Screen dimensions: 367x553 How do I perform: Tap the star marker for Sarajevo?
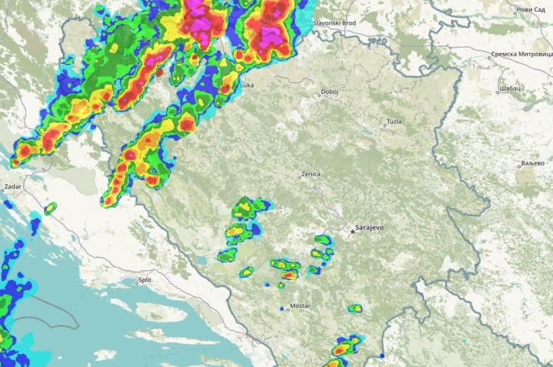353,232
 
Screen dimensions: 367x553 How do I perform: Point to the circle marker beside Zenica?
300,177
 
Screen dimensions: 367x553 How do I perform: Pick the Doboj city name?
330,91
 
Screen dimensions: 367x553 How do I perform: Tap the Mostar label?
300,306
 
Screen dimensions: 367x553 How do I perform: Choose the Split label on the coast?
145,279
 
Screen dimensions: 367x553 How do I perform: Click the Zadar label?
13,186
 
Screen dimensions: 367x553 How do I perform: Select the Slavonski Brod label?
335,22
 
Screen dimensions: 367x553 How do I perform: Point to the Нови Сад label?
531,10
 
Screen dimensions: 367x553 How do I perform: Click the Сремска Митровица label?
520,54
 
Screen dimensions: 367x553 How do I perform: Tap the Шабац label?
509,88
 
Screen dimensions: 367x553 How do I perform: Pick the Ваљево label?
533,164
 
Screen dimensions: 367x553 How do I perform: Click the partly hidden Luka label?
247,86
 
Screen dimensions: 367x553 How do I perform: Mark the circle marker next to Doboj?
320,93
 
